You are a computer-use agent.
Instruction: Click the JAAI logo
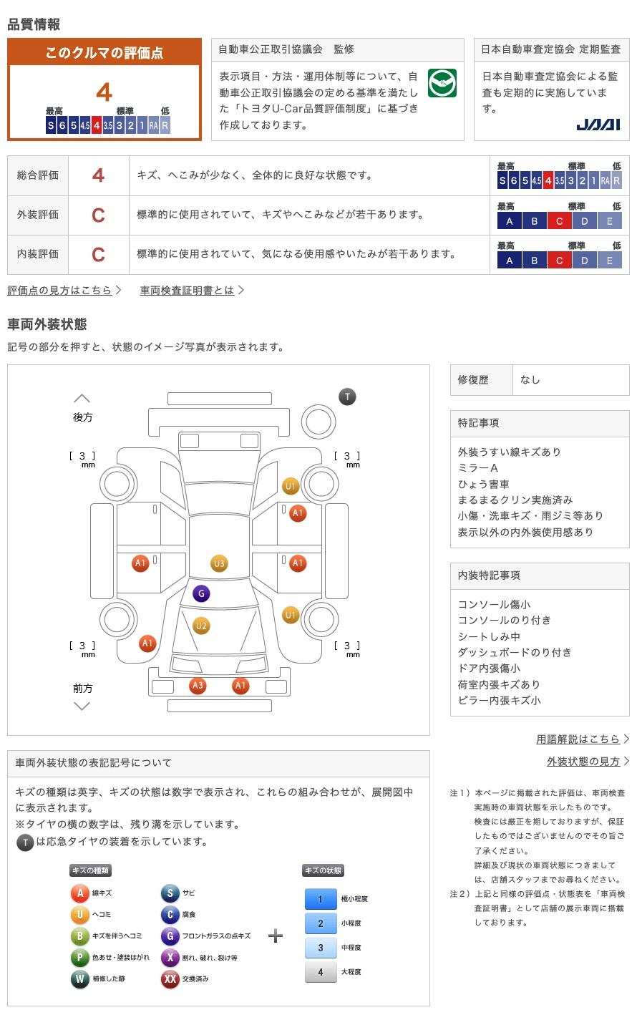pos(598,125)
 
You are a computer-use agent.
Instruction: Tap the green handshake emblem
pos(442,84)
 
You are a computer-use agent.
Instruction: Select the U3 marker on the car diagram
pos(219,563)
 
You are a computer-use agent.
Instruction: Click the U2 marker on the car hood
pos(201,626)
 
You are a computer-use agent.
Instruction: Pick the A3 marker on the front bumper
pos(198,686)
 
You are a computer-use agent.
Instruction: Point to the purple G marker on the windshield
pos(201,593)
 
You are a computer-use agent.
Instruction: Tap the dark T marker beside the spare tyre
pos(347,397)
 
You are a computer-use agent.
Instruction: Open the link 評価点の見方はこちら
pos(60,291)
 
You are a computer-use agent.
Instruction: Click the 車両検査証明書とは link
pos(188,291)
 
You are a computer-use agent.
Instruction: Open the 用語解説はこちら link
pos(578,739)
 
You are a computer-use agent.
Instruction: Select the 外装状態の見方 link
pos(583,762)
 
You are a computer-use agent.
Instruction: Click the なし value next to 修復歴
pos(530,380)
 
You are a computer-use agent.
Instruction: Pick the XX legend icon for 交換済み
pos(170,979)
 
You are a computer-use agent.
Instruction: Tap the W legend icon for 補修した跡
pos(79,979)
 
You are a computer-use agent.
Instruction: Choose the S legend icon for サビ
pos(170,893)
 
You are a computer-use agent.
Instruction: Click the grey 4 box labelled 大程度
pos(321,972)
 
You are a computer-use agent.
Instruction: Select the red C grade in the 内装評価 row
pos(98,255)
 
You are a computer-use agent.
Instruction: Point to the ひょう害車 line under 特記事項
pos(484,484)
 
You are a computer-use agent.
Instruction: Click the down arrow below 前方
pos(82,706)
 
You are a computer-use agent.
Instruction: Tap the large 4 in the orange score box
pos(104,92)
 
